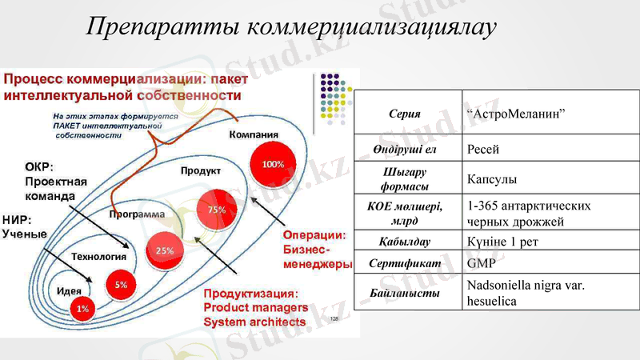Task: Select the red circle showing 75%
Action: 217,209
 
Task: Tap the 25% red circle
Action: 165,250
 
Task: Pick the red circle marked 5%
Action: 121,285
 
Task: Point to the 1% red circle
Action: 82,308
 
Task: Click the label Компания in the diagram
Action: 254,134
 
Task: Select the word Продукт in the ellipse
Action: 201,171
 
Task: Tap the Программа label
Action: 137,215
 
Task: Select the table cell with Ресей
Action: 483,149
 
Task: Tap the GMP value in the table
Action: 480,262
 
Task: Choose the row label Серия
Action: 404,114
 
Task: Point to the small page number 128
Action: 334,318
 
